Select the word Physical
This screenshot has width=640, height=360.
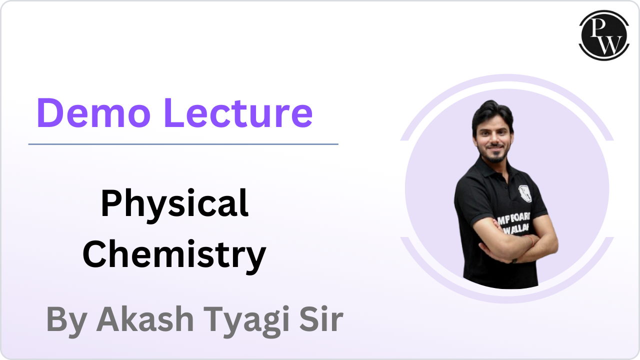(174, 204)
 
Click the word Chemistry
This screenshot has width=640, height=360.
(174, 253)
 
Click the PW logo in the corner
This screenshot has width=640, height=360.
(604, 35)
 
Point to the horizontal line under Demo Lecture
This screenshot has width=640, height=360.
(183, 144)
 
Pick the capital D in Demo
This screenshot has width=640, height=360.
(53, 113)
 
